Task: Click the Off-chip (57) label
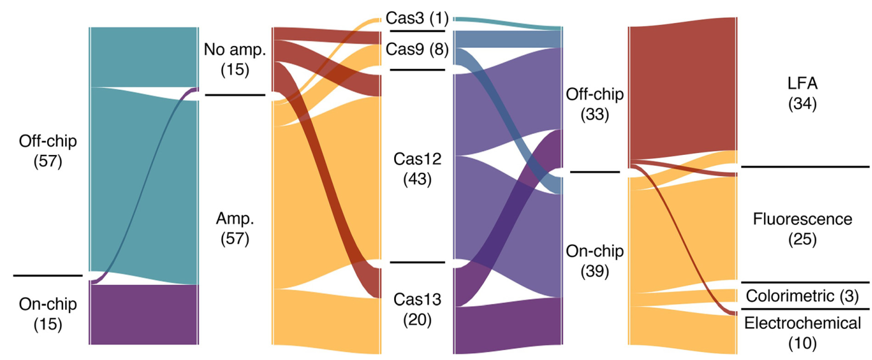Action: (x=48, y=151)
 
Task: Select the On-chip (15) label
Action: (x=48, y=315)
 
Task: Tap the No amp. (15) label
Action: (x=235, y=59)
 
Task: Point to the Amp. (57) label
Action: (x=235, y=229)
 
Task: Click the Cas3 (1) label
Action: (x=417, y=18)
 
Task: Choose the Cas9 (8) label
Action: (x=417, y=50)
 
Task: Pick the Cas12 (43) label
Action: (x=417, y=169)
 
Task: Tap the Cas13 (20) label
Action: (x=417, y=310)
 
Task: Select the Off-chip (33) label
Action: (x=594, y=104)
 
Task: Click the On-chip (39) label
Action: (x=594, y=261)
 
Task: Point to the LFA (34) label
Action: (x=803, y=94)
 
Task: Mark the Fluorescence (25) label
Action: (x=803, y=229)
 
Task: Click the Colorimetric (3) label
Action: (x=802, y=296)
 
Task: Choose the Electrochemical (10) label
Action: (x=803, y=333)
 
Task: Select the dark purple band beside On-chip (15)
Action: (x=144, y=315)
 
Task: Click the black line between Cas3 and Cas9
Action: (x=417, y=31)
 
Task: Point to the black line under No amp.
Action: (x=235, y=95)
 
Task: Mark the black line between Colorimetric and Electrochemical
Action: (x=805, y=309)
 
